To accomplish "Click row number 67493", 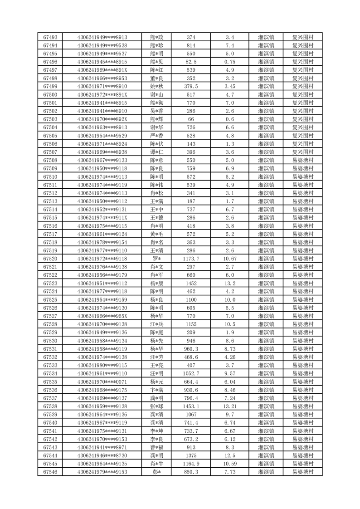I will point(50,37).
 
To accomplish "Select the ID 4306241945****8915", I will point(102,62).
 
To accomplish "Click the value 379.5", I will point(191,86).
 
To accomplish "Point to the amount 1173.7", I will point(191,259).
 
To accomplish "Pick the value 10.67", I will point(230,259).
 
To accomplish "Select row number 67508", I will point(50,160).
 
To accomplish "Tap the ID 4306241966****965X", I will point(102,316).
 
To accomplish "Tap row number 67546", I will point(50,472).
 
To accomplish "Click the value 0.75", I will point(230,62).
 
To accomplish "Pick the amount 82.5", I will point(191,62).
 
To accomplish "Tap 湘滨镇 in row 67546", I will point(266,472).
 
